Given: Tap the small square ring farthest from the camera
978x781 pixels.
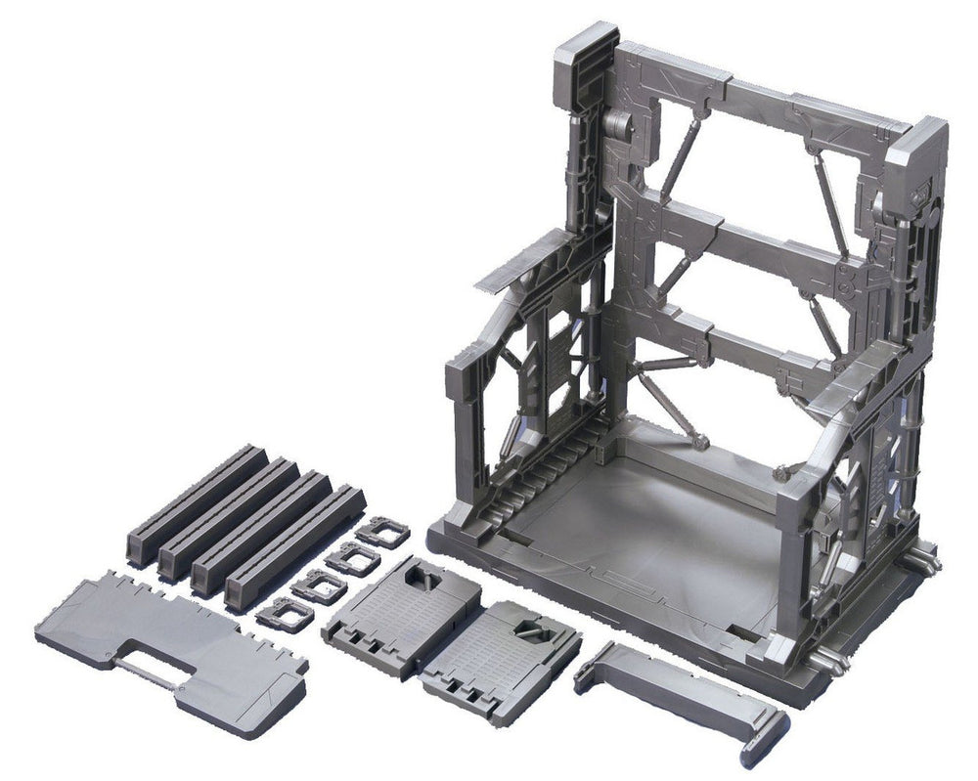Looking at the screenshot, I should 382,533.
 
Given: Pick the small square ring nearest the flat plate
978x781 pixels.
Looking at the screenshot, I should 284,614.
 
